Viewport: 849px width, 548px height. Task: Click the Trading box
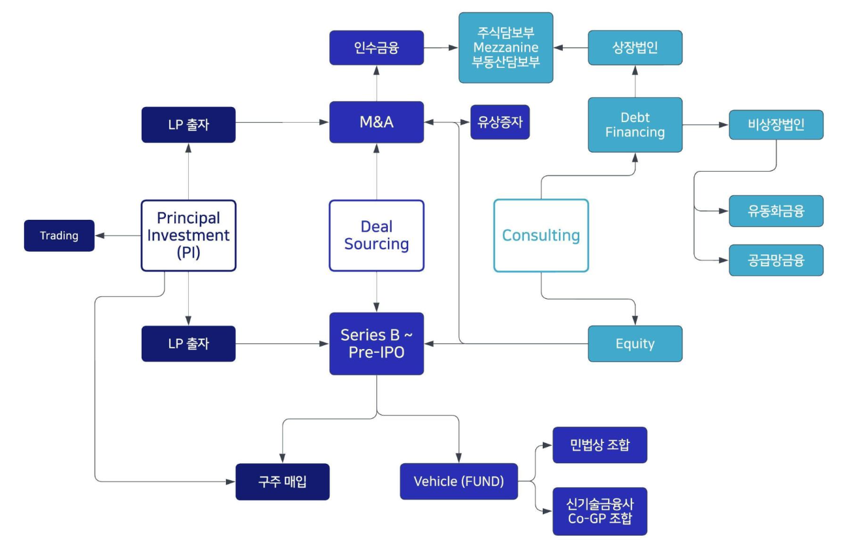[59, 236]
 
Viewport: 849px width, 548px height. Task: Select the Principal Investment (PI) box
[188, 236]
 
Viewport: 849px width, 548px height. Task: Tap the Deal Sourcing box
[376, 236]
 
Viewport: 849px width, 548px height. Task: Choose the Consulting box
[541, 236]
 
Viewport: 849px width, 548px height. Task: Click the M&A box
[376, 122]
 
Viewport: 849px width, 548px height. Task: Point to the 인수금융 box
[376, 48]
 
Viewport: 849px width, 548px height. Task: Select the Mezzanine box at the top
[505, 48]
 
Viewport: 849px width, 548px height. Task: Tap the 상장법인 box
[635, 48]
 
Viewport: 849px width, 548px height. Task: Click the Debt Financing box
[635, 125]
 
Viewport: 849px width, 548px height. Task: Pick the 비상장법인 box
[776, 125]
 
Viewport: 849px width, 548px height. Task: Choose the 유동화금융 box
[776, 211]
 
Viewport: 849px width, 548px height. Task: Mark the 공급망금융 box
[776, 260]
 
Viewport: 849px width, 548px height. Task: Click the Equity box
[635, 344]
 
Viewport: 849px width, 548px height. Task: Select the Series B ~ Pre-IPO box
[376, 343]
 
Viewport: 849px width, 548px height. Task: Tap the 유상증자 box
[500, 122]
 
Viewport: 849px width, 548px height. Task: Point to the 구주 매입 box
[282, 482]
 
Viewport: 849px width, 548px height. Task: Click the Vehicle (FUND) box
[458, 481]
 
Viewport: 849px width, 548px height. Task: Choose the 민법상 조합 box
[600, 445]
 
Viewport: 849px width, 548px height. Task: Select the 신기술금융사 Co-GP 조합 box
[600, 511]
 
